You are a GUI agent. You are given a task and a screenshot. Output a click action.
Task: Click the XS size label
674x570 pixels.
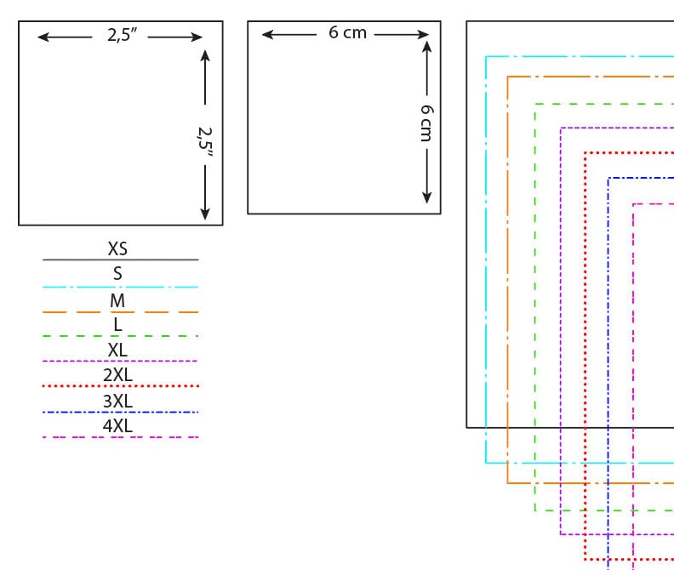point(117,249)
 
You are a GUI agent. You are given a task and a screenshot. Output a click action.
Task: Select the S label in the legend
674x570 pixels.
point(117,274)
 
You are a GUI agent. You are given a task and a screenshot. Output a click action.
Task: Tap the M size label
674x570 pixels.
point(117,300)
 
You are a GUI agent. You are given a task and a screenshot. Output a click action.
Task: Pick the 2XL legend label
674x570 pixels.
point(117,375)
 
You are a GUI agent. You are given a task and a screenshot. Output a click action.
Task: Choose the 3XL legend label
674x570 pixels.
point(117,401)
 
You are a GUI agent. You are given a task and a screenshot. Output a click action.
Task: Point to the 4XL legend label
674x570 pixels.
point(117,425)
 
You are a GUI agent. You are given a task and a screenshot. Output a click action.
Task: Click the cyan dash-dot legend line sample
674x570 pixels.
point(120,288)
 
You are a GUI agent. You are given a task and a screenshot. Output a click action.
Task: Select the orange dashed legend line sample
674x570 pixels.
point(120,312)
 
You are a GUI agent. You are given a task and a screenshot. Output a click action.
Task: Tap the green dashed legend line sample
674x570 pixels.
point(120,336)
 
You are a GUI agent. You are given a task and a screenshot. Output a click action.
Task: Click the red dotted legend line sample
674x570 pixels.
point(120,386)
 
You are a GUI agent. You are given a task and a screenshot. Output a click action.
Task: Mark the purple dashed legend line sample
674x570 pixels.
point(120,362)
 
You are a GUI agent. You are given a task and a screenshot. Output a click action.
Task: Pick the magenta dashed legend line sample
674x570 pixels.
point(120,437)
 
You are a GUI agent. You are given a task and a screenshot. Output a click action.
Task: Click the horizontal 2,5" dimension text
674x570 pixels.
point(122,36)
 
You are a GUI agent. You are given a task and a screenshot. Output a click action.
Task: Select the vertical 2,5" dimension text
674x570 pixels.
point(205,140)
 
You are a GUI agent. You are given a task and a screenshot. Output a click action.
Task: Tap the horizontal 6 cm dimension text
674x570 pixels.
point(347,33)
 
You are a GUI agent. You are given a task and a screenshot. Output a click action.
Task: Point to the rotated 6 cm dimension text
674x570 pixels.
point(426,123)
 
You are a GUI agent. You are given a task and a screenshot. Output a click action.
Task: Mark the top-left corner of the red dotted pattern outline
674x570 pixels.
point(585,153)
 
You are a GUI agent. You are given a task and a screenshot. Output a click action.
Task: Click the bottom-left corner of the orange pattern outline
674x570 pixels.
point(508,483)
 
